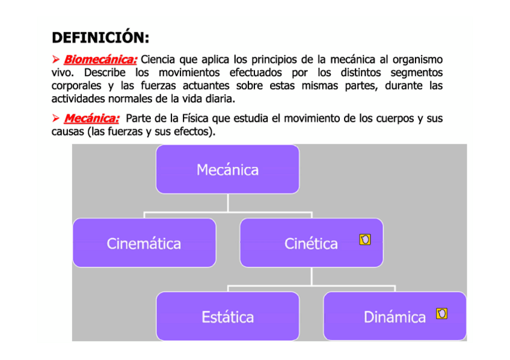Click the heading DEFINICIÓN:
point(100,38)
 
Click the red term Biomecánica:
point(100,60)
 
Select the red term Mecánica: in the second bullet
point(91,118)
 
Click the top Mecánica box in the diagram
point(227,169)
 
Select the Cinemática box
point(144,243)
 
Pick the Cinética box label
point(310,243)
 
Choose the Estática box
point(227,316)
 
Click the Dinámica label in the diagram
point(394,317)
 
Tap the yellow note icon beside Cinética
point(364,240)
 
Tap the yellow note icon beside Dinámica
point(441,313)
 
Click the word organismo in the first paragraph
point(417,60)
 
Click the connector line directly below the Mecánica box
point(227,203)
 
